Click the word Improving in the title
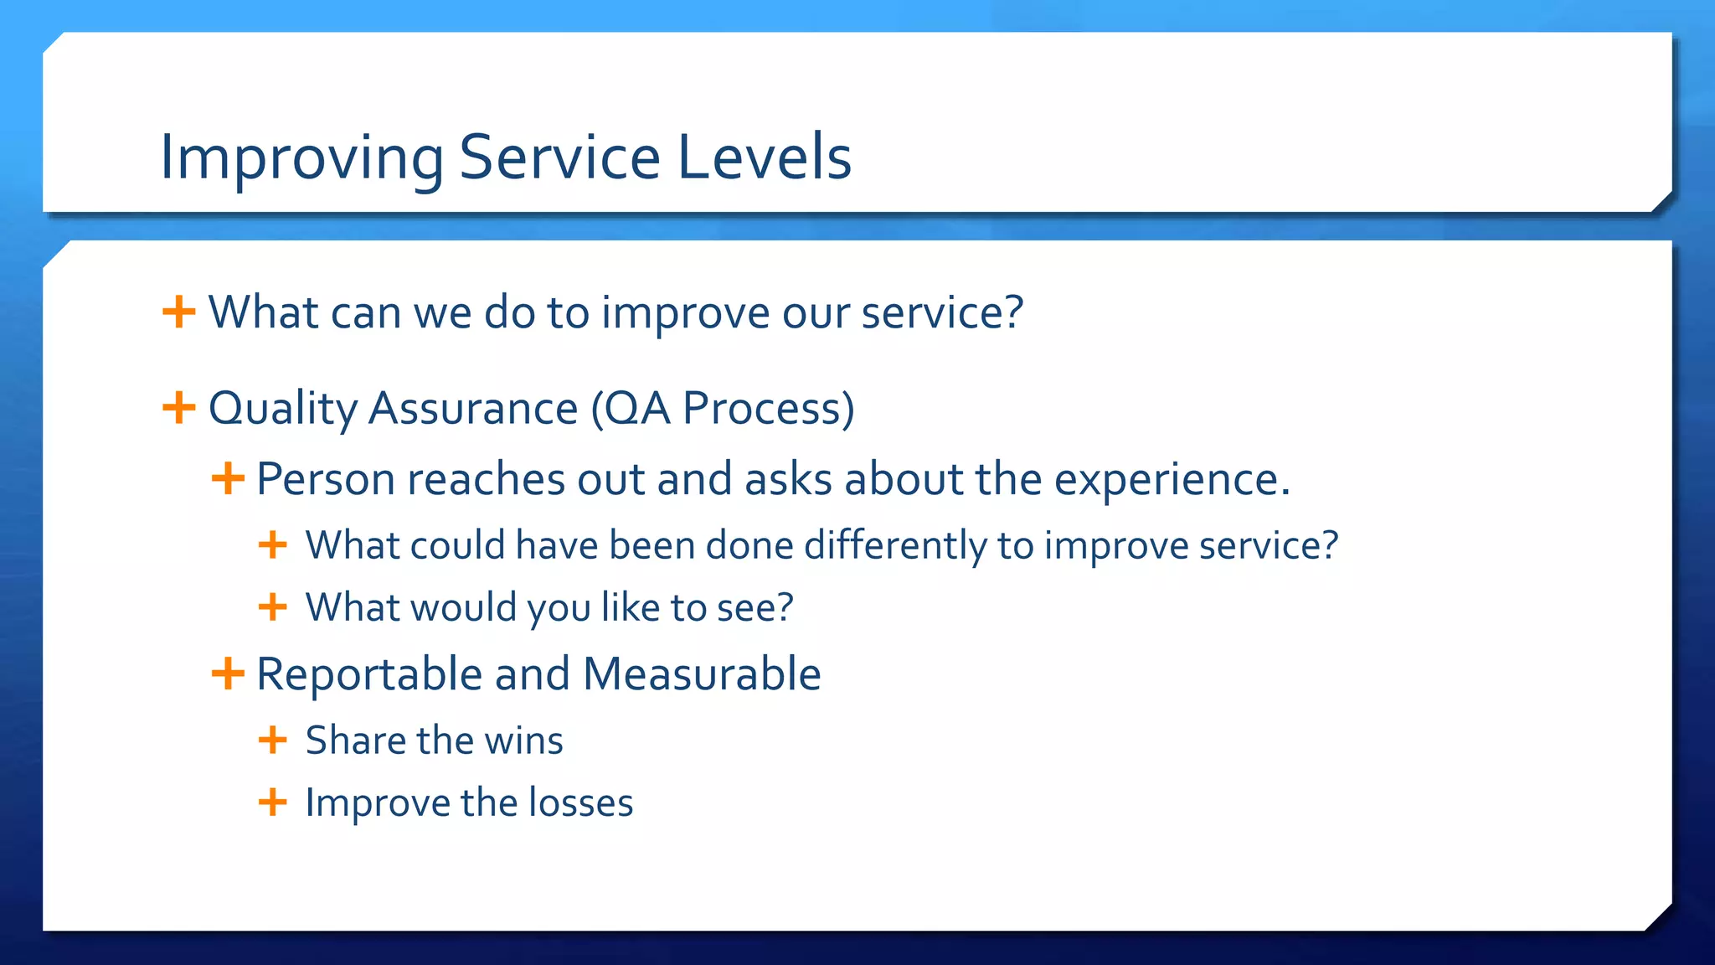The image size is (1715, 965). pyautogui.click(x=301, y=157)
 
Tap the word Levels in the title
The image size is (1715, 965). pyautogui.click(x=764, y=157)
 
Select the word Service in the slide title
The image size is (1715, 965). pyautogui.click(x=559, y=157)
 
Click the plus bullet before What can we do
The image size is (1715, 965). pyautogui.click(x=178, y=312)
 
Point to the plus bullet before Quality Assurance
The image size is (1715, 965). pyautogui.click(x=178, y=408)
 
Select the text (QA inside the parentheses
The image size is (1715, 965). pyautogui.click(x=631, y=409)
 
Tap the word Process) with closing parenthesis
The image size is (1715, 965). pyautogui.click(x=769, y=409)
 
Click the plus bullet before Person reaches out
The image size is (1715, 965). pyautogui.click(x=228, y=479)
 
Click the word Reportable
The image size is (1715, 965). pyautogui.click(x=369, y=674)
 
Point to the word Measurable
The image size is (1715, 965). pyautogui.click(x=702, y=674)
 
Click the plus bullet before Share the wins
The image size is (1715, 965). pyautogui.click(x=272, y=740)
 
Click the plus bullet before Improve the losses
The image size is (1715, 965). pyautogui.click(x=272, y=802)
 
